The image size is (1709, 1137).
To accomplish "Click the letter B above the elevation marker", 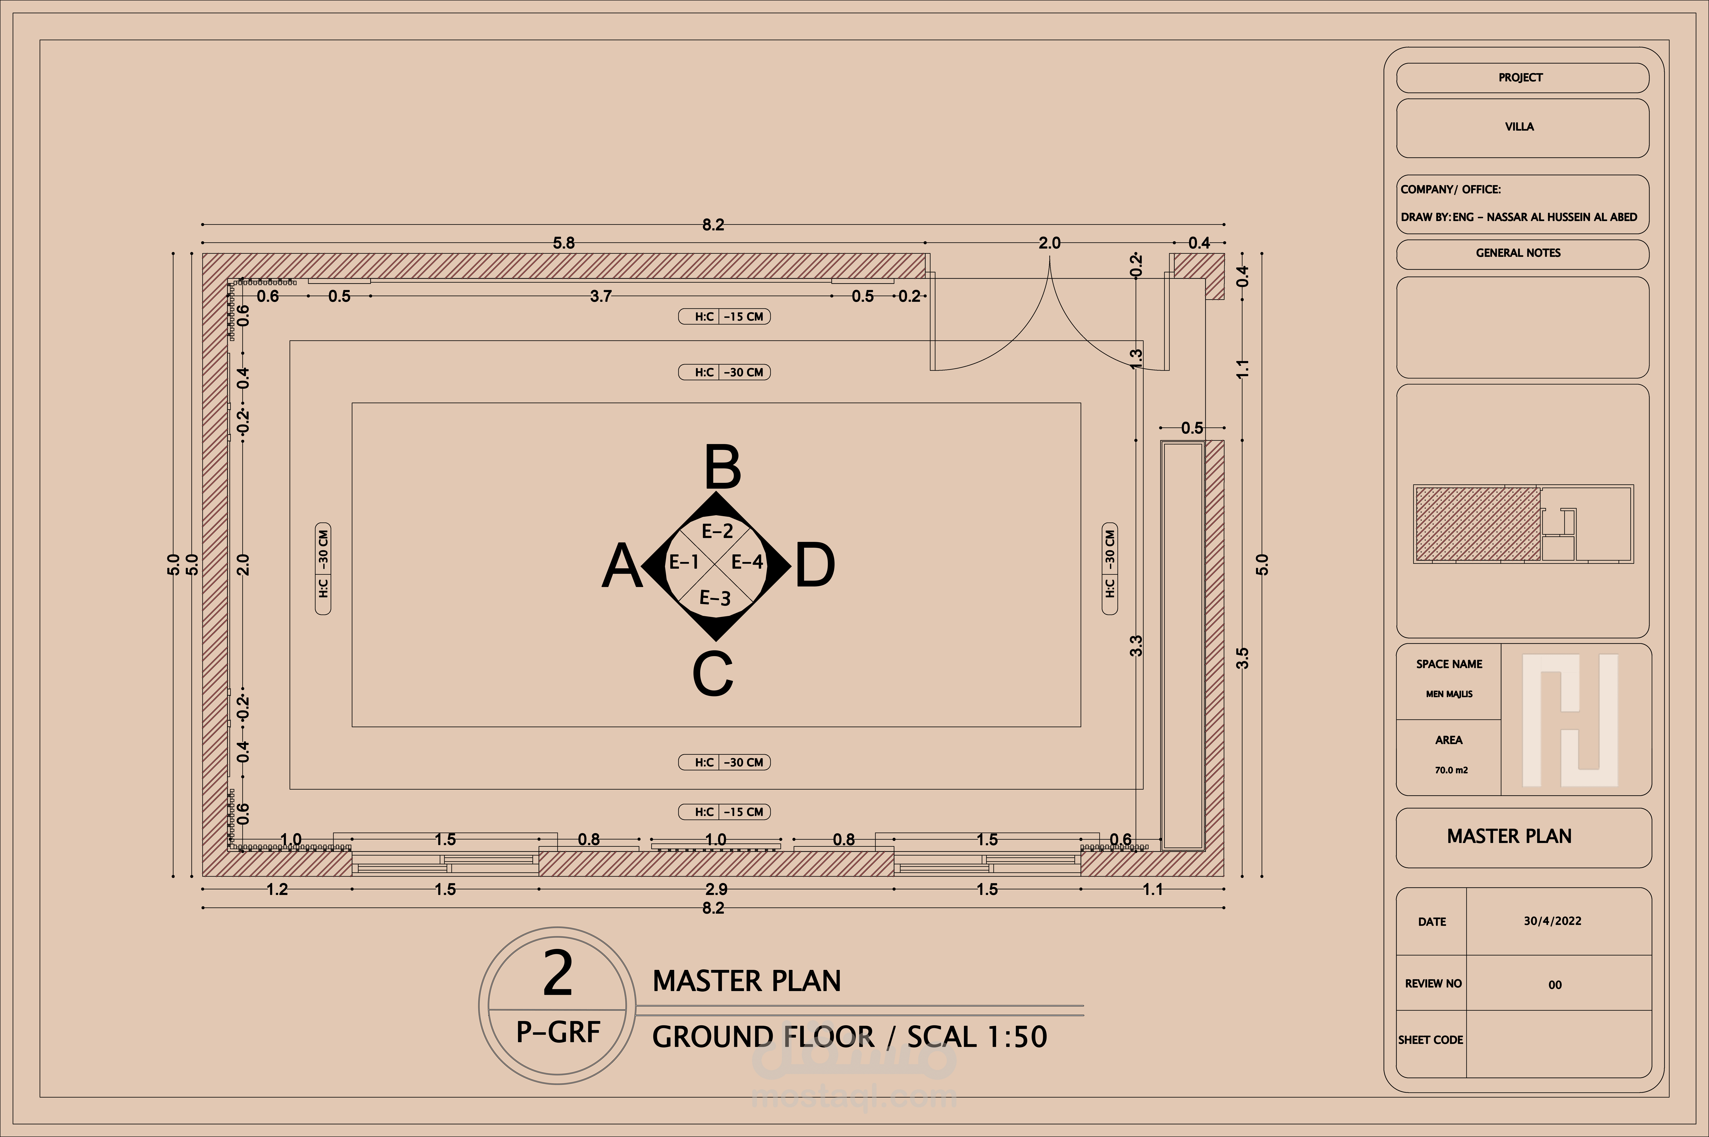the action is point(723,467).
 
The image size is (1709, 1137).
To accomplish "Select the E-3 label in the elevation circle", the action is point(715,598).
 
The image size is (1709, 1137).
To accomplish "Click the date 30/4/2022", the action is point(1552,921).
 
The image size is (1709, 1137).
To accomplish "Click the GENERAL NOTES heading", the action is point(1518,253).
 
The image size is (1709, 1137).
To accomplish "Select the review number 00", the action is point(1555,985).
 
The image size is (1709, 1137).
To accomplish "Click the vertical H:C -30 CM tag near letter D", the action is point(1109,568).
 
